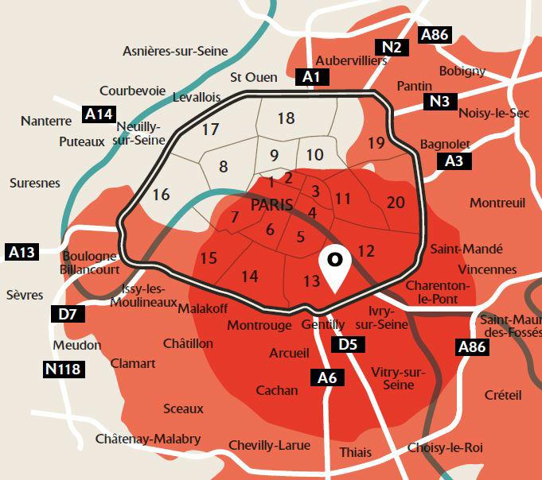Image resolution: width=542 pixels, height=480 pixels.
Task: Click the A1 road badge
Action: tap(312, 77)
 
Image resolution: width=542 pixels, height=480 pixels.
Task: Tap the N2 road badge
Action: tap(391, 47)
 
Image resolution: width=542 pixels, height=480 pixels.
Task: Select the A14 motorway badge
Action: tap(99, 114)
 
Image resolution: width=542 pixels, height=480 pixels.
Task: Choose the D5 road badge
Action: tap(348, 345)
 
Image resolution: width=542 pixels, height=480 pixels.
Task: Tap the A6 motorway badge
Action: tap(327, 378)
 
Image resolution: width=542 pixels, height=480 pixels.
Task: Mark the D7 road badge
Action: tap(68, 314)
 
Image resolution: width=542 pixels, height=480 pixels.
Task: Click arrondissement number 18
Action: tap(287, 118)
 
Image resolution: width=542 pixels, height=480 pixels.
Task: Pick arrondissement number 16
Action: tap(161, 194)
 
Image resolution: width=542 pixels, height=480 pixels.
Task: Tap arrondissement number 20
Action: tap(396, 202)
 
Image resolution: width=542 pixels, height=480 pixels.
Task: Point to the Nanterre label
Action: tap(46, 121)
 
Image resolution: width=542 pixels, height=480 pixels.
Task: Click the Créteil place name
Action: tap(502, 395)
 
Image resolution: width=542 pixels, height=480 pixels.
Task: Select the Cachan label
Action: tap(277, 390)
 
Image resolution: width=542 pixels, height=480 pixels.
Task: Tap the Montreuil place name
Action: tap(497, 203)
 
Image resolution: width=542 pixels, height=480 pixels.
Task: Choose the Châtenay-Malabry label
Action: tap(147, 439)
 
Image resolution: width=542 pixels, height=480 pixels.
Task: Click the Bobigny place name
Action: tap(462, 71)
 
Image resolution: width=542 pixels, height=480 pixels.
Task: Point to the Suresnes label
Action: tap(35, 183)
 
